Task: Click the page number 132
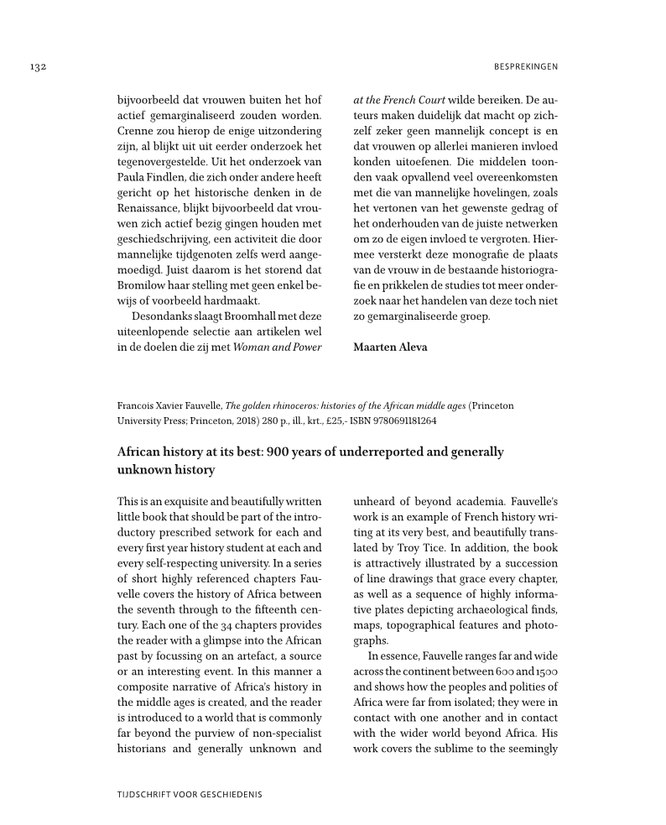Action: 35,66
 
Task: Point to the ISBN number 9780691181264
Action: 398,421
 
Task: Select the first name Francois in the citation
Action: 136,405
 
